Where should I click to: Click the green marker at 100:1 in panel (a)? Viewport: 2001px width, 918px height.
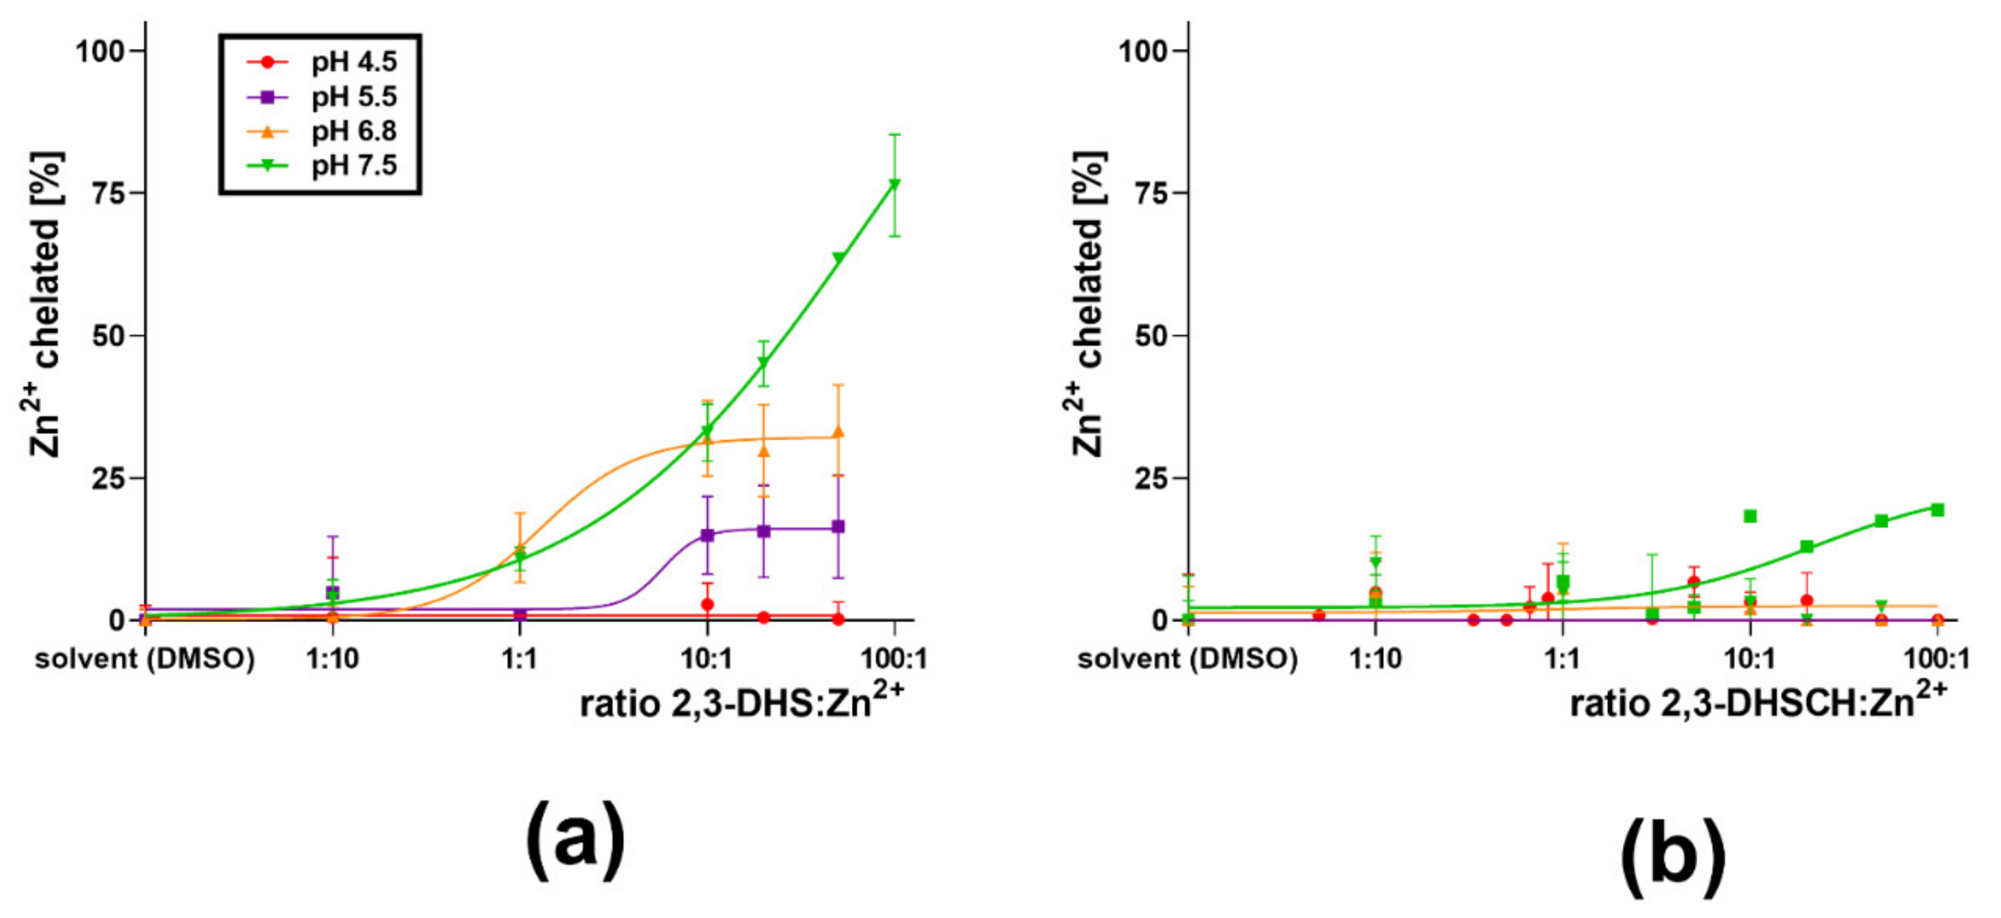pyautogui.click(x=895, y=184)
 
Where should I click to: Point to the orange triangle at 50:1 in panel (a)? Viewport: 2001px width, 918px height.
pyautogui.click(x=838, y=432)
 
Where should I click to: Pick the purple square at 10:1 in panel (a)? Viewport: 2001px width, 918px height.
pyautogui.click(x=707, y=535)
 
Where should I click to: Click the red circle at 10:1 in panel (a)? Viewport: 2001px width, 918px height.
pyautogui.click(x=707, y=604)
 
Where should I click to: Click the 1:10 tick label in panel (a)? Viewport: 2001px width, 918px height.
pyautogui.click(x=332, y=659)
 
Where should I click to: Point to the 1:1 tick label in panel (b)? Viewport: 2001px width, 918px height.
pyautogui.click(x=1562, y=659)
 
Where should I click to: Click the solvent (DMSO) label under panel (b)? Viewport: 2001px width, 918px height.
pyautogui.click(x=1187, y=659)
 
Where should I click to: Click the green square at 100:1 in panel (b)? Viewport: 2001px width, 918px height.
pyautogui.click(x=1937, y=510)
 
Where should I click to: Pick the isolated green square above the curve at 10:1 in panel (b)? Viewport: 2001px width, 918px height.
pyautogui.click(x=1750, y=516)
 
